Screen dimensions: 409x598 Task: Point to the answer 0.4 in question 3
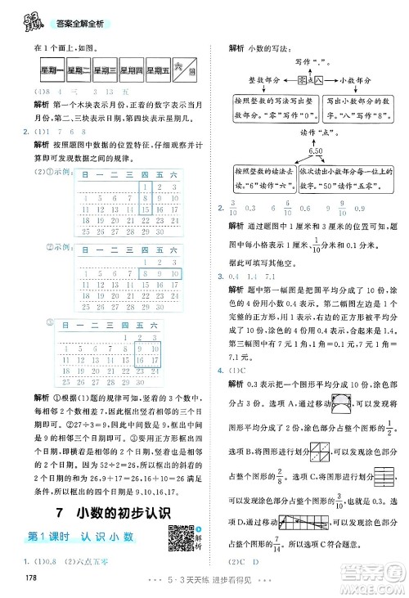point(236,278)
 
